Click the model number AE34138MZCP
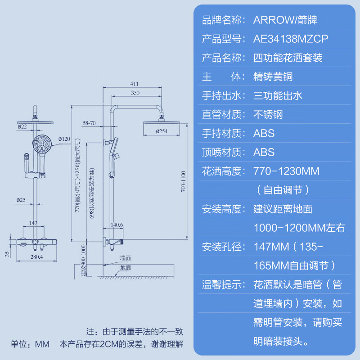291,39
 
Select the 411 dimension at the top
134,84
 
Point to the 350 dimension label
135,93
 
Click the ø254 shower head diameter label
162,131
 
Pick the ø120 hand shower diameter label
64,139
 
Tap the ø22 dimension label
22,127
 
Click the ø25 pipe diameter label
21,199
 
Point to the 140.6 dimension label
116,225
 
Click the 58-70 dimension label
89,122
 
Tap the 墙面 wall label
126,258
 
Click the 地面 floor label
126,268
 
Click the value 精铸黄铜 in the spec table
273,76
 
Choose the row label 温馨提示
223,284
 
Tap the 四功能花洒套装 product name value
288,58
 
